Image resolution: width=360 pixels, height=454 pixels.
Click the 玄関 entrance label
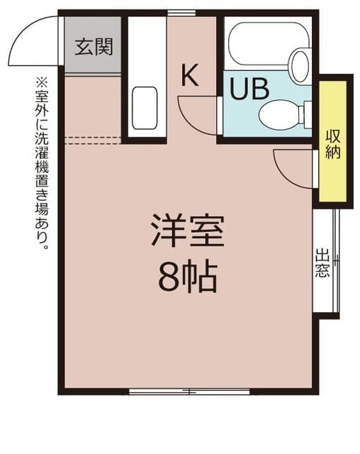[x=94, y=48]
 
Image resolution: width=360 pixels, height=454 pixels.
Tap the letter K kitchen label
[x=189, y=74]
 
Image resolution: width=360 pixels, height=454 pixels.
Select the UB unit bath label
[x=249, y=89]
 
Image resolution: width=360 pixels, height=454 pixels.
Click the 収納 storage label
[x=332, y=143]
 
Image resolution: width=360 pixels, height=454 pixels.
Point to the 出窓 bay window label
[x=322, y=263]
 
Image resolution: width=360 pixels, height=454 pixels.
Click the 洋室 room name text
[x=187, y=230]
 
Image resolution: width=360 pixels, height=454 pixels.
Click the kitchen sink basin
[x=145, y=108]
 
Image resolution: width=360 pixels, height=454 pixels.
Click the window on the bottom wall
[x=189, y=391]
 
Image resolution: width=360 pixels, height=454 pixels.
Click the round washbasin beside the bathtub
[x=300, y=65]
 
